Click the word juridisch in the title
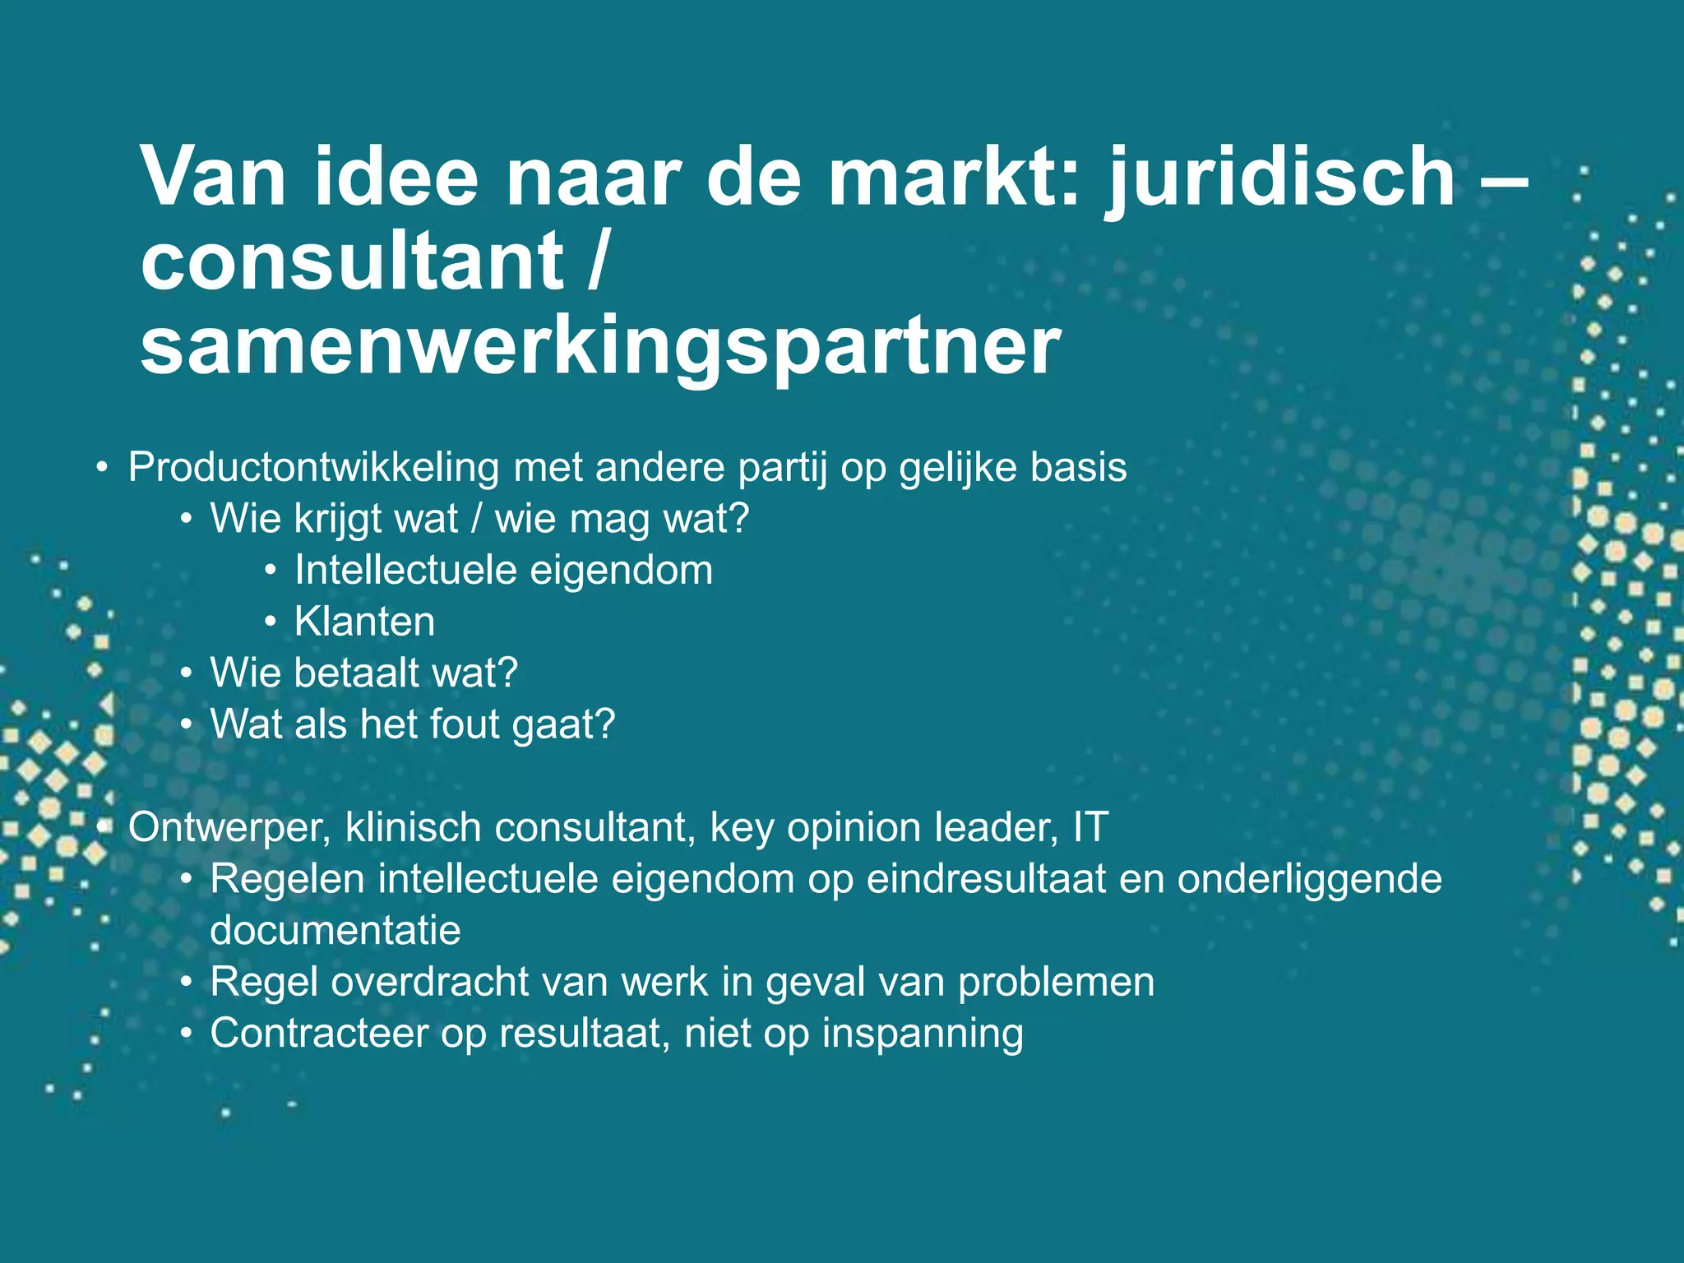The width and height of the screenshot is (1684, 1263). pyautogui.click(x=1282, y=178)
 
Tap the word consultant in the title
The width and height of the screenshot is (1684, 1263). pyautogui.click(x=352, y=261)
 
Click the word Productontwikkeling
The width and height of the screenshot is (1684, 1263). pyautogui.click(x=313, y=468)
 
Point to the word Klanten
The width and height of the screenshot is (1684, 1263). pyautogui.click(x=364, y=622)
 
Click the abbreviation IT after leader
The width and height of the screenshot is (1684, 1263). pyautogui.click(x=1090, y=827)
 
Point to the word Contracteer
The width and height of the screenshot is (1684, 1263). pyautogui.click(x=319, y=1034)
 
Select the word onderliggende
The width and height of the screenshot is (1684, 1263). pyautogui.click(x=1309, y=879)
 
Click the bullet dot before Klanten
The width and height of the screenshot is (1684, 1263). pyautogui.click(x=271, y=622)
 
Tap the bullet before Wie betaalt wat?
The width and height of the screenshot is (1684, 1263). pyautogui.click(x=187, y=674)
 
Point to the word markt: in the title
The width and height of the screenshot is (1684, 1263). pyautogui.click(x=953, y=178)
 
